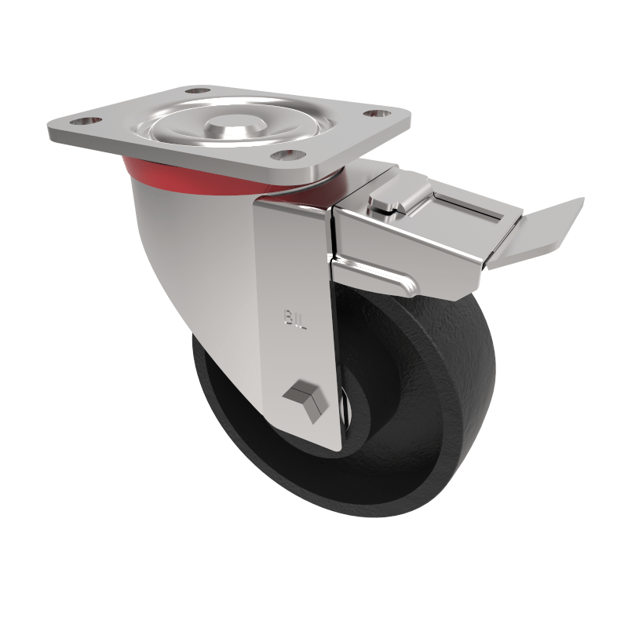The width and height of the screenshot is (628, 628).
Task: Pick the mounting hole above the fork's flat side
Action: pos(290,155)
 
